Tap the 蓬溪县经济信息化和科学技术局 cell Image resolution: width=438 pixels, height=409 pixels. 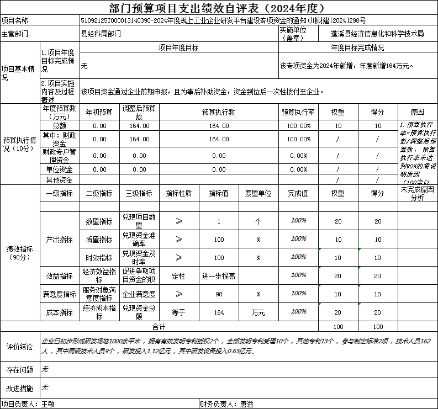coord(373,34)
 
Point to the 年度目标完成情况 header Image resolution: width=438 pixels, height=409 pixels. coord(357,48)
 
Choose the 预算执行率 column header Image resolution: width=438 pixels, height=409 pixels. coord(298,112)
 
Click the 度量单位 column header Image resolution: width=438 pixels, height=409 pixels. coord(258,193)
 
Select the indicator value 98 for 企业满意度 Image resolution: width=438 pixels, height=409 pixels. coord(219,294)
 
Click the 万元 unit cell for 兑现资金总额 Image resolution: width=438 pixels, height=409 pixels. coord(258,312)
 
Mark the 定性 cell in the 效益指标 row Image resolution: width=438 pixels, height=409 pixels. coord(178,276)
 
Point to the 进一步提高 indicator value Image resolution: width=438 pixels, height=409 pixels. coord(219,276)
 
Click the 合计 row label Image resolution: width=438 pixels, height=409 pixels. coord(159,326)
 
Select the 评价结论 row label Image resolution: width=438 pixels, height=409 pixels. coord(19,347)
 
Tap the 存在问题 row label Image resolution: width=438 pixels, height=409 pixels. coord(19,369)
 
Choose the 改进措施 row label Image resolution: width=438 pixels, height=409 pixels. coord(19,389)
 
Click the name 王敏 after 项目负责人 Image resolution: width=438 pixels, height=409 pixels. coord(48,404)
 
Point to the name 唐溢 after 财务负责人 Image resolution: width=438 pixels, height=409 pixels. coord(246,404)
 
